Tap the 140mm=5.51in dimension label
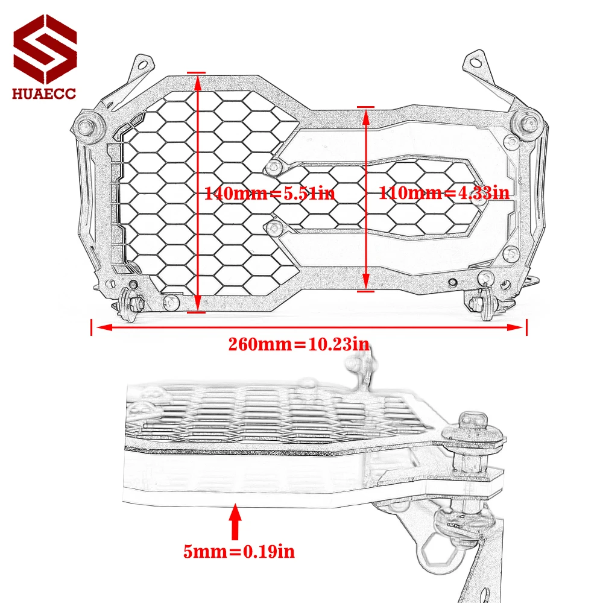(270, 194)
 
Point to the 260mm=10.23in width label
(298, 344)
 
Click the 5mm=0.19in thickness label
(239, 551)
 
